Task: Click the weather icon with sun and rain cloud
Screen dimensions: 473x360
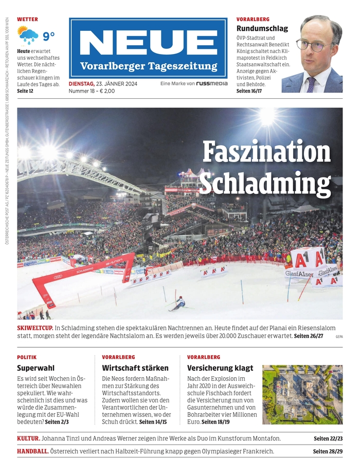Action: point(28,36)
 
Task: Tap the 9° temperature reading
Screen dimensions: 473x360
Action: point(48,36)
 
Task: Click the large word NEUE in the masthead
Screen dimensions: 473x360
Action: point(148,42)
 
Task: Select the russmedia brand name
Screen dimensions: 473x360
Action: point(211,83)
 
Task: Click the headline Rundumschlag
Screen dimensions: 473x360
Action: point(262,28)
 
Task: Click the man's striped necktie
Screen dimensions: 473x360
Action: point(312,84)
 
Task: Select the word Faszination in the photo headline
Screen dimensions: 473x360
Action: point(266,152)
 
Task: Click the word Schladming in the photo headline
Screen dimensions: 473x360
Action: point(264,183)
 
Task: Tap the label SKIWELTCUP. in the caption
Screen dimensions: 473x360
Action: point(34,328)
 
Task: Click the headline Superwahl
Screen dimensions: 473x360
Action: point(35,368)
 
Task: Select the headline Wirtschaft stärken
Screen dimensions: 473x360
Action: point(135,368)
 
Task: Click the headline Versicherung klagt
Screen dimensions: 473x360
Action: point(220,368)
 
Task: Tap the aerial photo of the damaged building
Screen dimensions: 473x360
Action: point(302,394)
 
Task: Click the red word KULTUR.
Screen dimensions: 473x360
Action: point(28,439)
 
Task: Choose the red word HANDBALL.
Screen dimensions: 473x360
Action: point(33,451)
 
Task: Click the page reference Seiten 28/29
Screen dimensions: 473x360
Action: point(328,451)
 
